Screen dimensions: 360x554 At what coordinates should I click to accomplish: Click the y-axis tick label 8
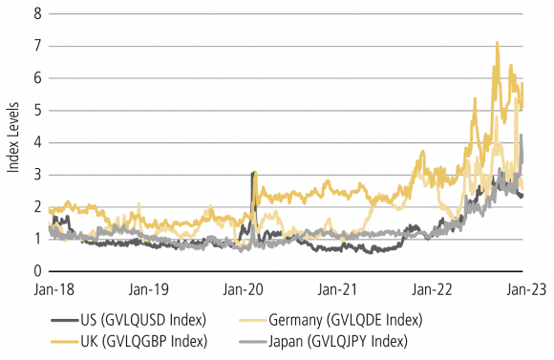pos(37,13)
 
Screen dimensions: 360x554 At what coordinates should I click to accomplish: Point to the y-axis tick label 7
pos(37,46)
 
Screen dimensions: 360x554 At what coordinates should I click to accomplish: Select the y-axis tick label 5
pos(37,110)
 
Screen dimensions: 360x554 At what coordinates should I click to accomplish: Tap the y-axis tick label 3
pos(37,175)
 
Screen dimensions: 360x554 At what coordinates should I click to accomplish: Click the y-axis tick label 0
pos(37,271)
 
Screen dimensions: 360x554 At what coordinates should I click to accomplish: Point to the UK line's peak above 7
pos(497,43)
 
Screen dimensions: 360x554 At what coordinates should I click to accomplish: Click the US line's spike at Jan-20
pos(252,173)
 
